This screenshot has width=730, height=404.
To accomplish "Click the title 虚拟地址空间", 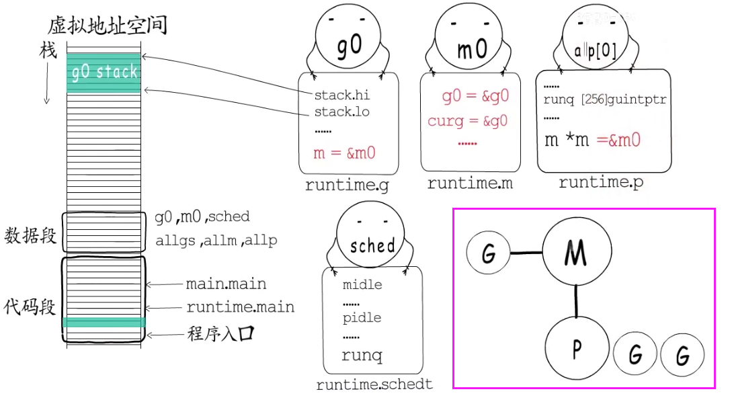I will [x=108, y=26].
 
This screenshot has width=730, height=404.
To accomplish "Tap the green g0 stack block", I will [x=104, y=72].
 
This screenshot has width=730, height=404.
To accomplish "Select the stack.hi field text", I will [x=342, y=95].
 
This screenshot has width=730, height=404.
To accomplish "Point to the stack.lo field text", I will [x=342, y=111].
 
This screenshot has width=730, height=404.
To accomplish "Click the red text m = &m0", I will [x=344, y=153].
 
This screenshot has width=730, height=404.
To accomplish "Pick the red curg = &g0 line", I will [x=468, y=122].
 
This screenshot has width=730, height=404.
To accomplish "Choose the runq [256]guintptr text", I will [x=604, y=100].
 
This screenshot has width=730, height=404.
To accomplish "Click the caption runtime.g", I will [x=347, y=186].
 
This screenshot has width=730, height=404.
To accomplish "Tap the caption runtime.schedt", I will [x=375, y=385].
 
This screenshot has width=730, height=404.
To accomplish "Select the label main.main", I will [x=226, y=284].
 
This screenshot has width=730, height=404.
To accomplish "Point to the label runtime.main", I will [x=240, y=308].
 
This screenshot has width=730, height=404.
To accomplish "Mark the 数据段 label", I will [x=30, y=236].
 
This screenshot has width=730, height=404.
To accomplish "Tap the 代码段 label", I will [x=30, y=307].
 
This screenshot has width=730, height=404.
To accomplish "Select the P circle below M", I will [x=576, y=349].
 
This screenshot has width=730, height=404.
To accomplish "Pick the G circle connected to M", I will [x=489, y=253].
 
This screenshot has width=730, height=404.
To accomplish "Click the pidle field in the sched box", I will [x=362, y=317].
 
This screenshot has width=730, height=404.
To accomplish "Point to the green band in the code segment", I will [x=104, y=323].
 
